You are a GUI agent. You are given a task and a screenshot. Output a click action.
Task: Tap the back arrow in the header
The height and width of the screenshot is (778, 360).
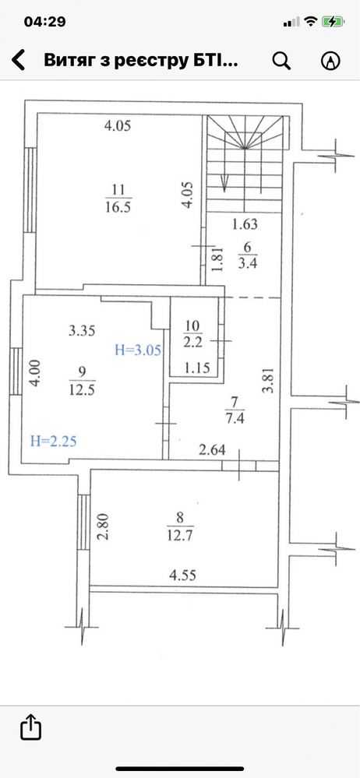tap(19, 61)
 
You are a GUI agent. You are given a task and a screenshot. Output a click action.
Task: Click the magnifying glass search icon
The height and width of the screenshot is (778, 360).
tap(281, 61)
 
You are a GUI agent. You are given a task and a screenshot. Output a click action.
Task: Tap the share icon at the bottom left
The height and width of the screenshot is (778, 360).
tap(31, 727)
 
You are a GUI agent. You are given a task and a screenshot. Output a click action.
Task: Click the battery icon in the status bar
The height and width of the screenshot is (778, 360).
tap(332, 21)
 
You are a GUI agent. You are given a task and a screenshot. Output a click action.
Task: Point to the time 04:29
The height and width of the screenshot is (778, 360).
tap(44, 22)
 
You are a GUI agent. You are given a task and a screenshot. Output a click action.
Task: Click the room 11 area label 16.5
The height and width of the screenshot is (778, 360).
tap(118, 207)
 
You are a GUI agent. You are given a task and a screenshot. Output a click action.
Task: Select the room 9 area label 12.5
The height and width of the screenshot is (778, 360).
tap(83, 390)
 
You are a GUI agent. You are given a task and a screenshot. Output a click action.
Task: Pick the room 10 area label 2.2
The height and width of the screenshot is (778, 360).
tap(192, 341)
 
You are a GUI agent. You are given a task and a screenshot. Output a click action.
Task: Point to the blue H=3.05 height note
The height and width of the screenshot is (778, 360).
tap(138, 350)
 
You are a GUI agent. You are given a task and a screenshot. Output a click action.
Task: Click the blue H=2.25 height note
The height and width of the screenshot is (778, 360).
tap(54, 441)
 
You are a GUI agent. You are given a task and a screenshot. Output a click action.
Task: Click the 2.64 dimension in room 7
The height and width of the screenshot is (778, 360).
tap(213, 450)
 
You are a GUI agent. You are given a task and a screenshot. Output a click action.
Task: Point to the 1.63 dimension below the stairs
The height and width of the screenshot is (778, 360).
tap(245, 224)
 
